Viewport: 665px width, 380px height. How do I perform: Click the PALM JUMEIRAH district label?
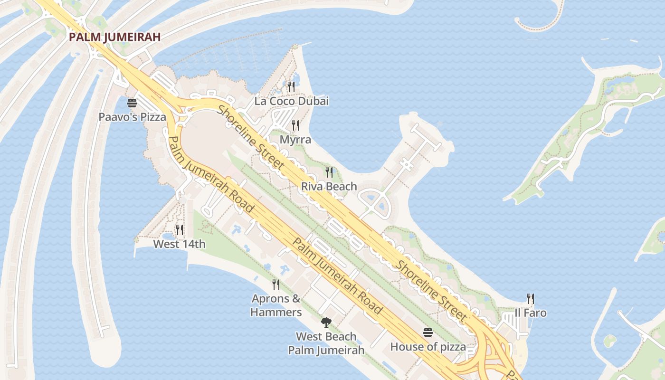click(x=114, y=37)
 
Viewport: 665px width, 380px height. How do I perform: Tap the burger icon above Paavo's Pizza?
click(x=132, y=103)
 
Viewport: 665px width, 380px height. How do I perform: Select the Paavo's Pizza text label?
click(x=132, y=117)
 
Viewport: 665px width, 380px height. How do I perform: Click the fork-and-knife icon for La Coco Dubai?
click(x=291, y=86)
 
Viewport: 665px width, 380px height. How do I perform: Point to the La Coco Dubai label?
click(x=291, y=101)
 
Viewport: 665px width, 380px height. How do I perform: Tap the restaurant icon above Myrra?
click(x=295, y=125)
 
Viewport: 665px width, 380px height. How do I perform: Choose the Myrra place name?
click(x=295, y=140)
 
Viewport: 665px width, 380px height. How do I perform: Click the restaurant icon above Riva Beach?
click(x=329, y=172)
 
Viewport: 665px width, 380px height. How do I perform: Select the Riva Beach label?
click(x=329, y=186)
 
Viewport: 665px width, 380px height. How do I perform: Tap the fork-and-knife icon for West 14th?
click(x=179, y=230)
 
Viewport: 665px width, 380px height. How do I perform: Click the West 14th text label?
click(x=179, y=244)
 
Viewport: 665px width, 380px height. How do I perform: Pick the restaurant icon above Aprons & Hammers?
click(x=275, y=285)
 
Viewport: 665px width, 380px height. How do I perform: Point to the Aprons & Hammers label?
click(x=276, y=305)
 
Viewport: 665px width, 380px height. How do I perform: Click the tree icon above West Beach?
click(x=326, y=323)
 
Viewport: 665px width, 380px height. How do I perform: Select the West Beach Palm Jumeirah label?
click(x=326, y=343)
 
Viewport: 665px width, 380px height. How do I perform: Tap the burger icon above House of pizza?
click(x=428, y=332)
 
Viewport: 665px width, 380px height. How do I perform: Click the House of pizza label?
click(x=428, y=347)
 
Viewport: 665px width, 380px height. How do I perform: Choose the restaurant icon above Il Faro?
click(x=531, y=299)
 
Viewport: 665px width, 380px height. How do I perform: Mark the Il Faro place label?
click(x=531, y=313)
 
